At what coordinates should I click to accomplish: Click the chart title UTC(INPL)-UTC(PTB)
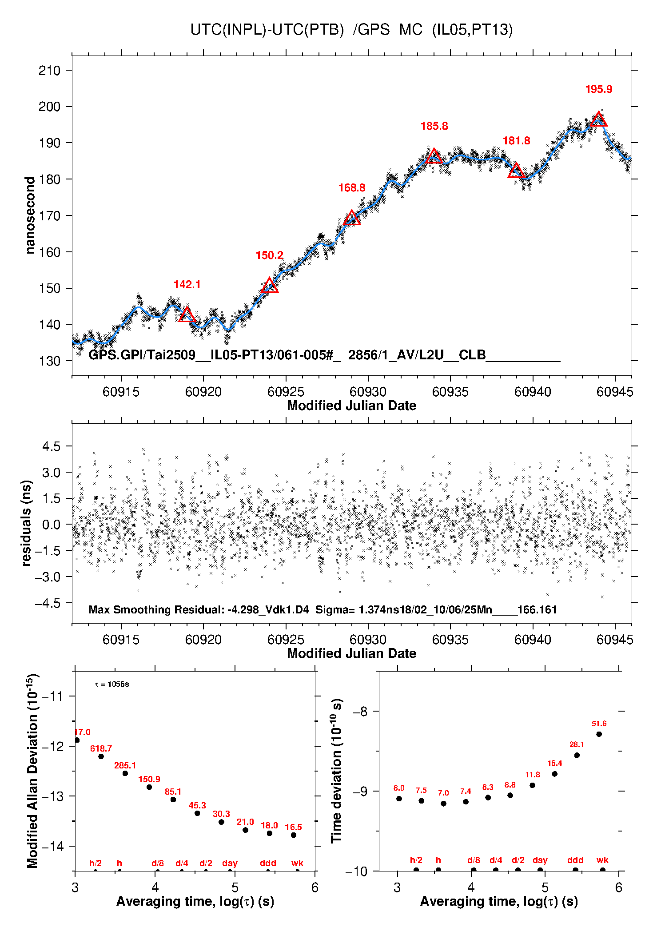(267, 30)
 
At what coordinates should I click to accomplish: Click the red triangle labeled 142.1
(187, 315)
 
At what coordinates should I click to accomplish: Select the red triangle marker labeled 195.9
(599, 119)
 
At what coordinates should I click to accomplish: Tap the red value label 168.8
(352, 188)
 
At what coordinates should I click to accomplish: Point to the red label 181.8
(516, 141)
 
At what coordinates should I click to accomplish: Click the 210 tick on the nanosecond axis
(49, 70)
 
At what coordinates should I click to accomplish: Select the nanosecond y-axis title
(30, 215)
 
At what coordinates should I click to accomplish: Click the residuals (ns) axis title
(27, 523)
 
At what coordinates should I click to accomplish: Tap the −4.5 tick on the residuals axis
(48, 603)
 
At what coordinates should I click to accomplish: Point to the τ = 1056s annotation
(112, 684)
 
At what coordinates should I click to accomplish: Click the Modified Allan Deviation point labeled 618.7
(101, 756)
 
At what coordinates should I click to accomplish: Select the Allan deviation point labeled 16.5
(294, 835)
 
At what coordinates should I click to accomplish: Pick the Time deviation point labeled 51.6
(599, 734)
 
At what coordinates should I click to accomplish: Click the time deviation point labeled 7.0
(443, 804)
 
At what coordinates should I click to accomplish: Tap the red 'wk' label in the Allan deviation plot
(297, 863)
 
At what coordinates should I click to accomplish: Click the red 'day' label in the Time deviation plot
(540, 860)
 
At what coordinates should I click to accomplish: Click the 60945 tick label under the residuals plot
(615, 640)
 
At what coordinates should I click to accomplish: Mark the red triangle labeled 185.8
(434, 156)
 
